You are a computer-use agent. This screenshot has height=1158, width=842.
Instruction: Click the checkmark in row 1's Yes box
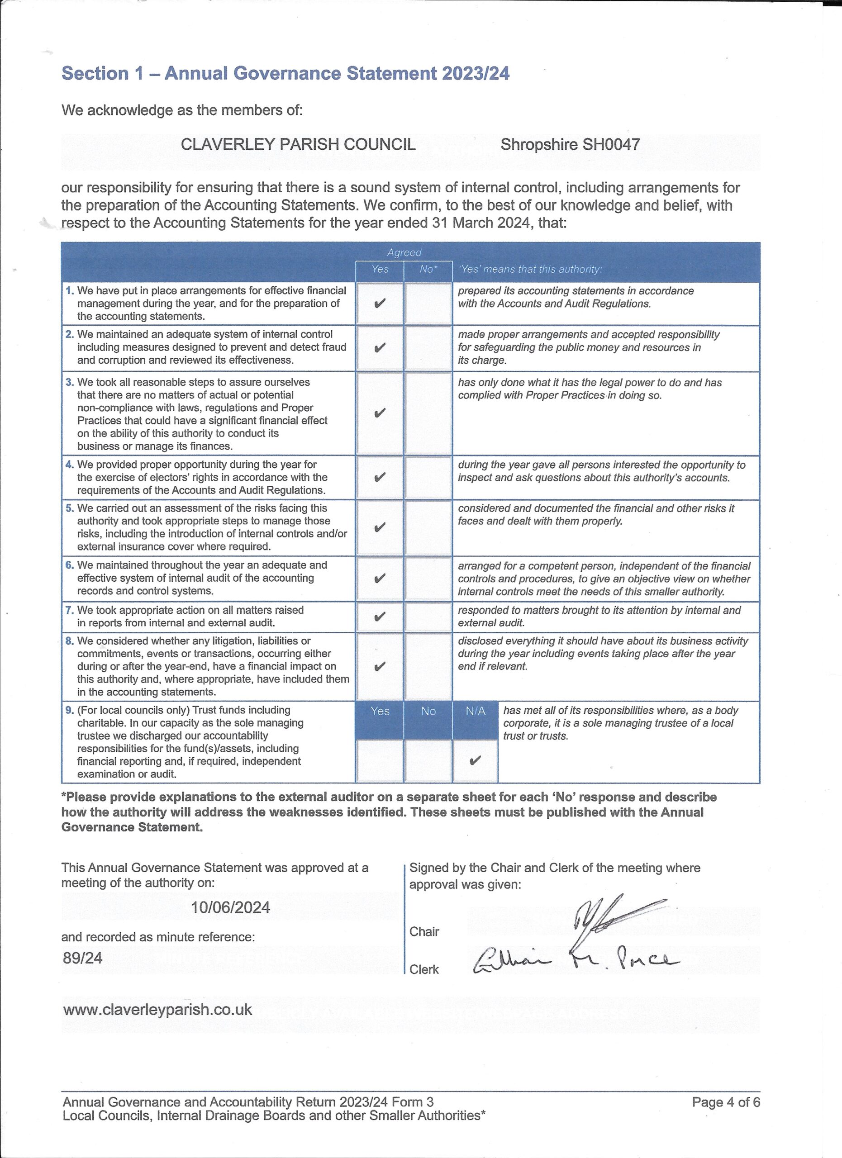click(x=380, y=304)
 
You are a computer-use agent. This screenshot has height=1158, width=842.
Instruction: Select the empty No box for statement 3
click(x=428, y=413)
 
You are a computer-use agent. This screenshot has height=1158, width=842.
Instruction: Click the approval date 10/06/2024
click(x=230, y=907)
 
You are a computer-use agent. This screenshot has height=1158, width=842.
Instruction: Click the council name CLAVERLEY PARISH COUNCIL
click(x=298, y=144)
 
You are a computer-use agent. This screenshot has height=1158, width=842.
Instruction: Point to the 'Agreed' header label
click(x=404, y=252)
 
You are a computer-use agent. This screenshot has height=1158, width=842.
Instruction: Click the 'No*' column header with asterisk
click(x=428, y=269)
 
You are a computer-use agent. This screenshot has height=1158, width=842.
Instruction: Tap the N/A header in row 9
click(x=476, y=711)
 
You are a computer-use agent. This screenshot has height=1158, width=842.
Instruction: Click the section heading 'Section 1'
click(x=95, y=74)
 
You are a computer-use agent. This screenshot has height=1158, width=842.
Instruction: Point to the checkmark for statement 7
click(x=380, y=617)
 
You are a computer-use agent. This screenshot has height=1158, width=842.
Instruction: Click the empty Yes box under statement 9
click(x=380, y=761)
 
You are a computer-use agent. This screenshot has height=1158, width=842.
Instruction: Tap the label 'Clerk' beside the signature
click(x=424, y=969)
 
